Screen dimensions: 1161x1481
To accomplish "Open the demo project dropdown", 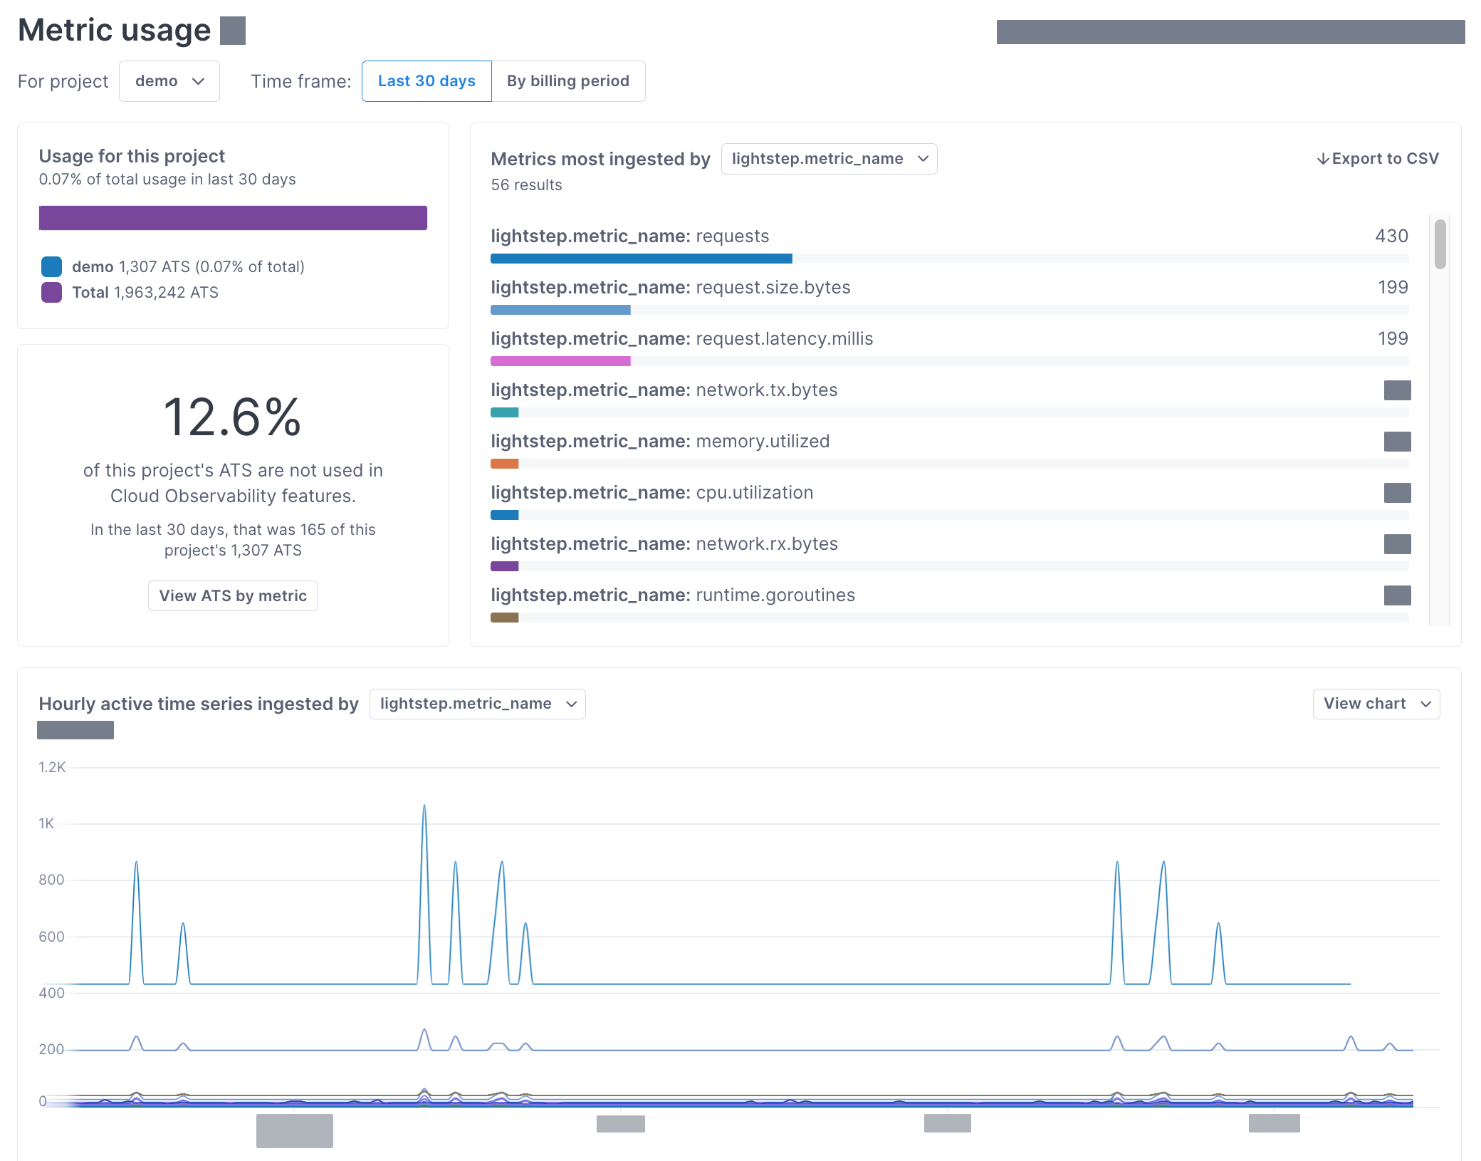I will click(169, 81).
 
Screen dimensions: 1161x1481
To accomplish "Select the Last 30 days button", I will click(426, 81).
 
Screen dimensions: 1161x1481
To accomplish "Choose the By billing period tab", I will click(567, 81).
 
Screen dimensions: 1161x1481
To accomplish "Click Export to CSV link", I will click(1378, 158).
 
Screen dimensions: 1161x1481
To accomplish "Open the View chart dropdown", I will click(1376, 704).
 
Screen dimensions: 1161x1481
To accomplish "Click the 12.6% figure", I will click(233, 417).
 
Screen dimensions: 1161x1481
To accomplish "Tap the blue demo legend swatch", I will click(51, 266).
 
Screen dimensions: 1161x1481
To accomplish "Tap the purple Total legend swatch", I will click(51, 292).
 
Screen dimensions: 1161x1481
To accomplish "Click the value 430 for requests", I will click(1391, 236).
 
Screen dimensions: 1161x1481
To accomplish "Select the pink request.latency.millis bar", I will click(560, 361).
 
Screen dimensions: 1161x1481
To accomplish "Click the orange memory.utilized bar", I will click(504, 464).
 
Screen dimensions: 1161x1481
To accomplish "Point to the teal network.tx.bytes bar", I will click(504, 412).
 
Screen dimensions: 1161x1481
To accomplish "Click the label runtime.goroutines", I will click(775, 595).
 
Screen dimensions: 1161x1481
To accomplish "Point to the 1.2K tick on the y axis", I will click(52, 767).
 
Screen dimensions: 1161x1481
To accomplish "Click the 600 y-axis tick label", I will click(51, 937).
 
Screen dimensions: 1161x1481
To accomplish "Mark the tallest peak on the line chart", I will click(424, 806).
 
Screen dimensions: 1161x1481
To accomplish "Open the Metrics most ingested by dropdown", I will click(829, 159).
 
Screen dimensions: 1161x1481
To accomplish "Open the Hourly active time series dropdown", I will click(477, 704).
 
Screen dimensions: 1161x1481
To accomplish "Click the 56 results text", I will click(526, 185).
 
